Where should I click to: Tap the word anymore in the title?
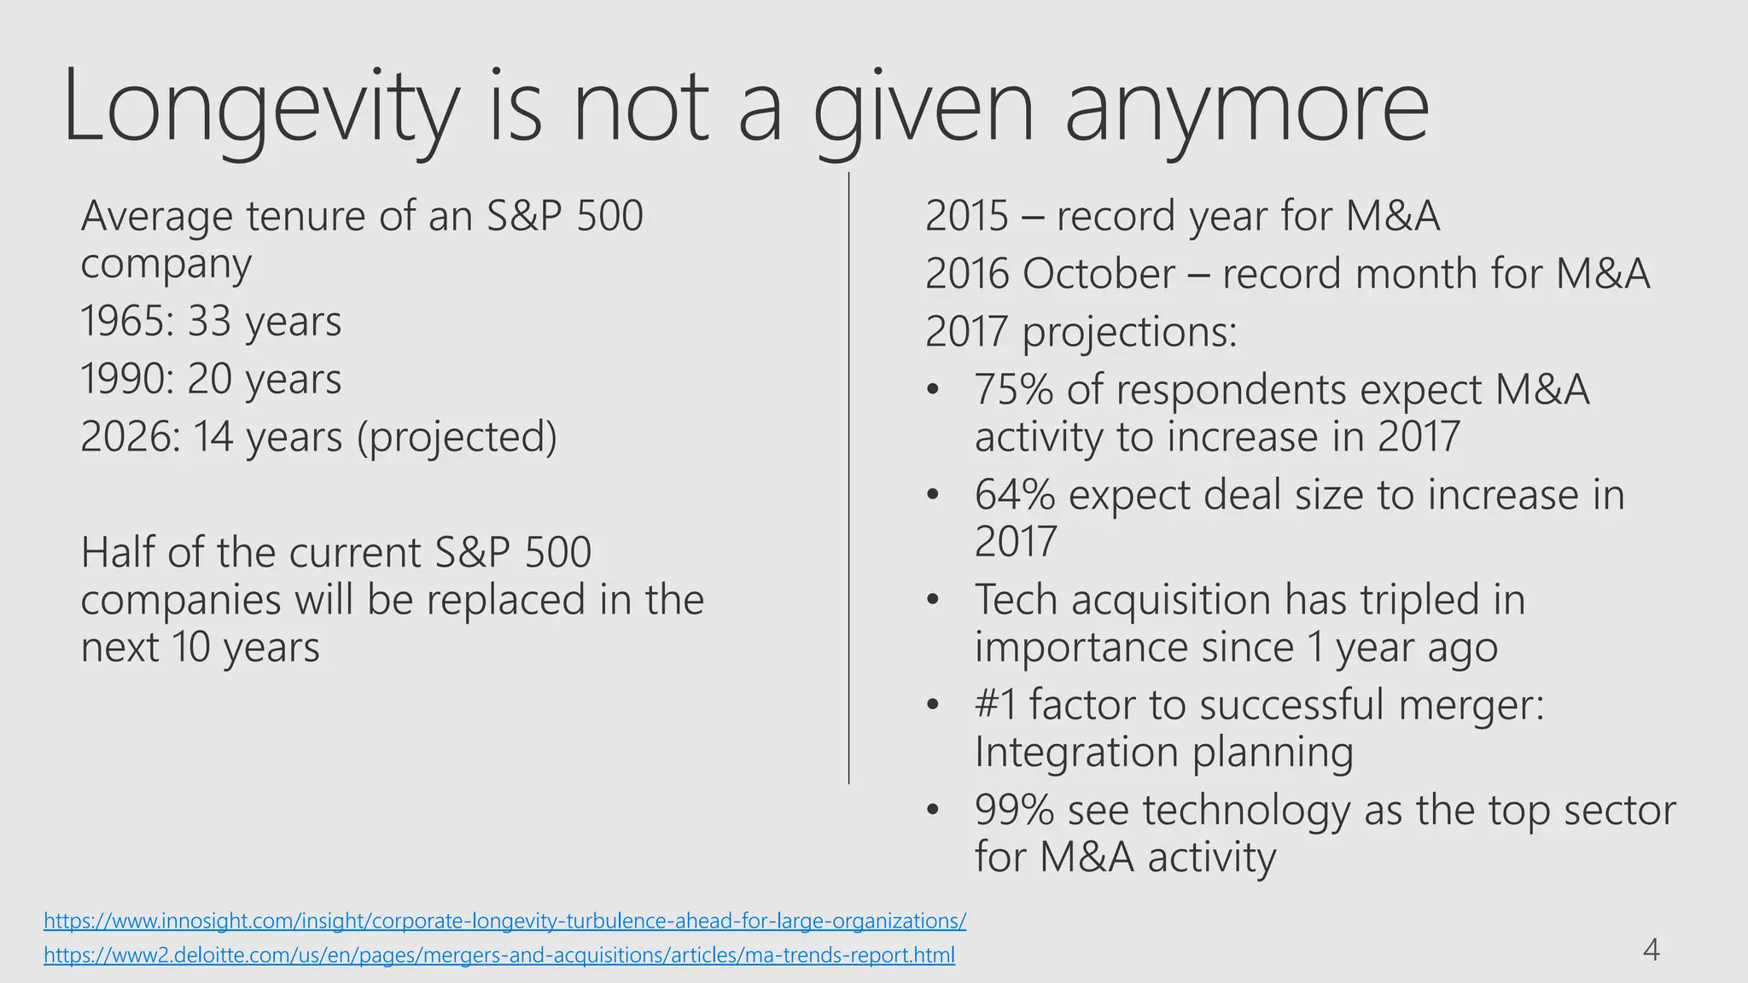[x=1246, y=107]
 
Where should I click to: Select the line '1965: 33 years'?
[x=211, y=323]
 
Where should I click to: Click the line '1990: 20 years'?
[x=211, y=380]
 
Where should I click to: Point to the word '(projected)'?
[x=457, y=437]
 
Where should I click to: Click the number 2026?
[x=128, y=437]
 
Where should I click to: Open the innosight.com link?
[x=504, y=921]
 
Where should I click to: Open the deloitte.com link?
[x=499, y=955]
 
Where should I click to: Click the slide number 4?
[x=1651, y=950]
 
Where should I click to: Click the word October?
[x=1098, y=275]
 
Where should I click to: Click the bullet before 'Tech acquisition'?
[x=933, y=600]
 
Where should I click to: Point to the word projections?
[x=1128, y=333]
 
